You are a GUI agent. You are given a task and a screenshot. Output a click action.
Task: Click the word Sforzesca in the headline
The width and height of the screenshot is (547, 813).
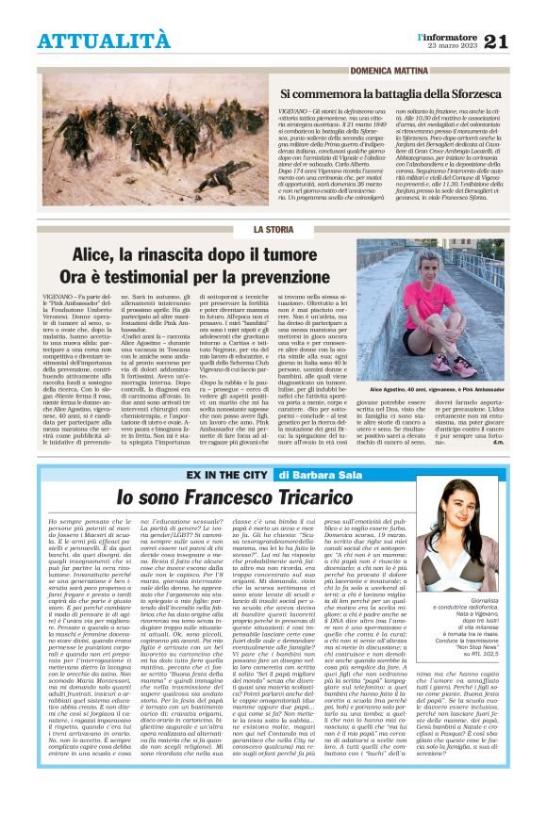click(x=481, y=94)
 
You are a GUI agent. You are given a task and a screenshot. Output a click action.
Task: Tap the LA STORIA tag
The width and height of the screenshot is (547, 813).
click(x=273, y=230)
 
